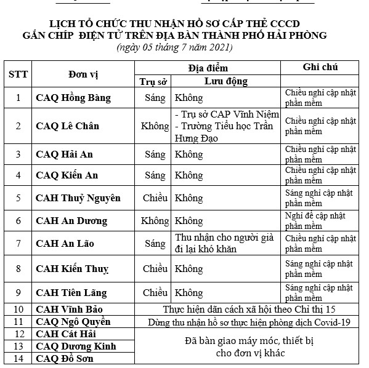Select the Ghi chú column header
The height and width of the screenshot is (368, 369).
coord(320,67)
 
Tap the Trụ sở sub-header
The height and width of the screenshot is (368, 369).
coord(154,81)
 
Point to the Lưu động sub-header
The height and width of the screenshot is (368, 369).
coord(226,81)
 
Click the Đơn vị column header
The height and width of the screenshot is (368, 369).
coord(83,74)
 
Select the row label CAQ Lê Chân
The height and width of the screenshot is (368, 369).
coord(67,126)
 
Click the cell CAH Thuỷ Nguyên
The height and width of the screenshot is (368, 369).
coord(78,198)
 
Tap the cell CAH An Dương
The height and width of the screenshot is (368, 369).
coord(71,220)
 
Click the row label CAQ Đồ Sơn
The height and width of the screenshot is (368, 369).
coord(65,358)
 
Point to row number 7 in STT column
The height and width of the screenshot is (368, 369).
coord(18,244)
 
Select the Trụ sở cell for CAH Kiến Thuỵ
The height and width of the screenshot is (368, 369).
coord(155,268)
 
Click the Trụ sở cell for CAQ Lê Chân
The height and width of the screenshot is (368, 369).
coord(155,126)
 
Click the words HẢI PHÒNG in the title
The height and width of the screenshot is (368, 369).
coord(295,35)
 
